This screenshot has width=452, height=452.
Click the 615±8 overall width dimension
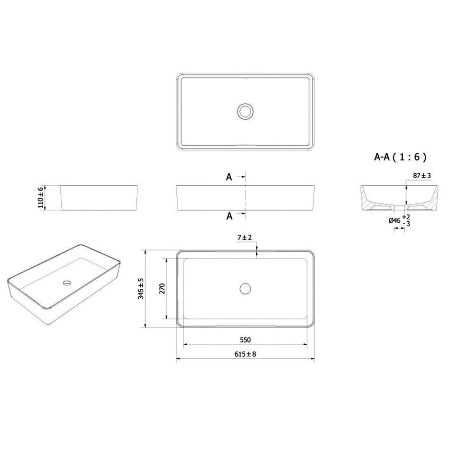245,354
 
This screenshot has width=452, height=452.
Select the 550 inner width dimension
245,340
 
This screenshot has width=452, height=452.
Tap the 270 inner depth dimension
162,289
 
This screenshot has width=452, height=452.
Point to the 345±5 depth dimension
141,289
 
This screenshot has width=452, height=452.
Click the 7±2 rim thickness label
245,237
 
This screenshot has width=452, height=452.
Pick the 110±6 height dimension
41,198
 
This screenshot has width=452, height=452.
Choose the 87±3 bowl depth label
422,175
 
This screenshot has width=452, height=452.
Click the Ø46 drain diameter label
395,221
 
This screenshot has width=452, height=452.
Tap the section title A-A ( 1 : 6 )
400,157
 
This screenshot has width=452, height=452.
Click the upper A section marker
229,177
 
